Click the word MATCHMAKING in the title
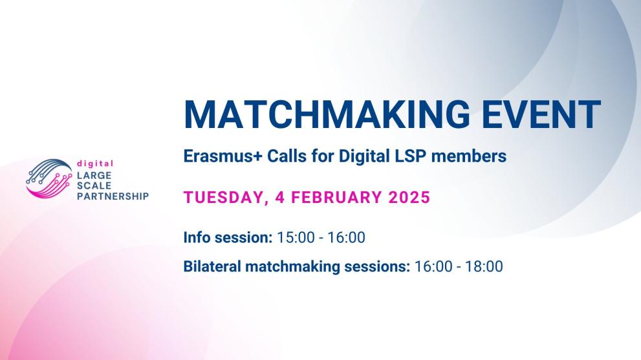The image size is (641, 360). coord(327,114)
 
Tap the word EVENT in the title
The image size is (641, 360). coord(541,114)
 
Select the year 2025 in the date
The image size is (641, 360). coord(409,197)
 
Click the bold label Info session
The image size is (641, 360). coord(228,237)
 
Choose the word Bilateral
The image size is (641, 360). coord(212,266)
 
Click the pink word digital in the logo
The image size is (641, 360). coord(95,164)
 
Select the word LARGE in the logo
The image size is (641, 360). coord(94,175)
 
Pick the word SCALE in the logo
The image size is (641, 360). coord(94,185)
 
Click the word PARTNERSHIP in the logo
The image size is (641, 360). coord(113,196)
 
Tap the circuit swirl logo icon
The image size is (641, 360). coord(49,178)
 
